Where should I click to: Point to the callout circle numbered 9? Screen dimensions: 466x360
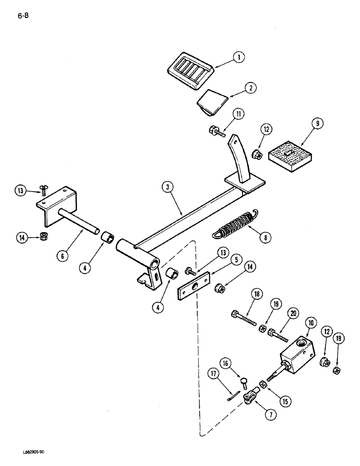(x=318, y=124)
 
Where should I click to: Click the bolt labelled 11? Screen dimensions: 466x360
(x=217, y=130)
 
